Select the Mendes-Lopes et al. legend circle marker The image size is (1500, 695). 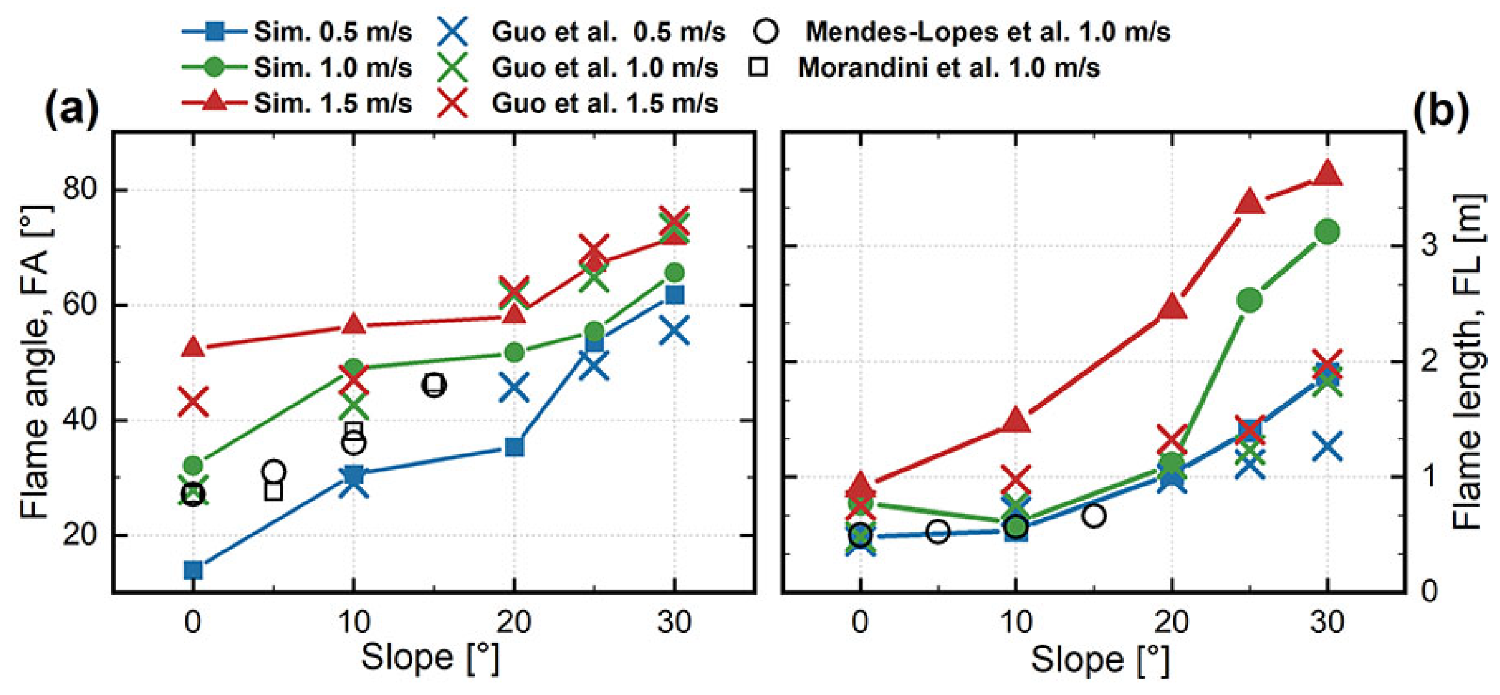(767, 31)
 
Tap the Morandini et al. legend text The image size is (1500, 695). (948, 67)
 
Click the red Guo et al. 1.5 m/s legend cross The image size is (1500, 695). (453, 103)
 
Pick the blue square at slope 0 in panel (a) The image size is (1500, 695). (193, 569)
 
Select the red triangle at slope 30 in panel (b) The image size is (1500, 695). (1327, 174)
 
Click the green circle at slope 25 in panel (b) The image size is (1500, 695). (1249, 299)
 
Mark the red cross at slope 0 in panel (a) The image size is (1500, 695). (193, 401)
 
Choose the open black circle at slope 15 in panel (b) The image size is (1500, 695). (1094, 515)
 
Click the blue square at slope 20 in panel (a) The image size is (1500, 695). (514, 447)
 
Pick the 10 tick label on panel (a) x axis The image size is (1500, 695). (354, 622)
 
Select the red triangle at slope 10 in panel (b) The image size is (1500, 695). (1016, 420)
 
